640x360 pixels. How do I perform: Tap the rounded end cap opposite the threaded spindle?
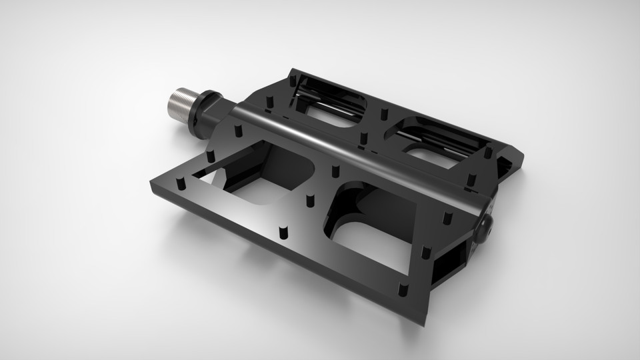(x=485, y=229)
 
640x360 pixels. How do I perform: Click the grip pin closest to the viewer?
(x=403, y=290)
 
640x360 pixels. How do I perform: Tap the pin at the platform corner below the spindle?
(x=180, y=182)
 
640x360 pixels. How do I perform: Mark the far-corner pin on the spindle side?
(x=291, y=79)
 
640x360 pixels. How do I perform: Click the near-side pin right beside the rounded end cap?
(x=447, y=217)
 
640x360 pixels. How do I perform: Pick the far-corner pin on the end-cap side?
(x=488, y=153)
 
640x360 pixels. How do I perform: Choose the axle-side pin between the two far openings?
(x=363, y=138)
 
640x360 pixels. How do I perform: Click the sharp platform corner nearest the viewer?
(x=422, y=323)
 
